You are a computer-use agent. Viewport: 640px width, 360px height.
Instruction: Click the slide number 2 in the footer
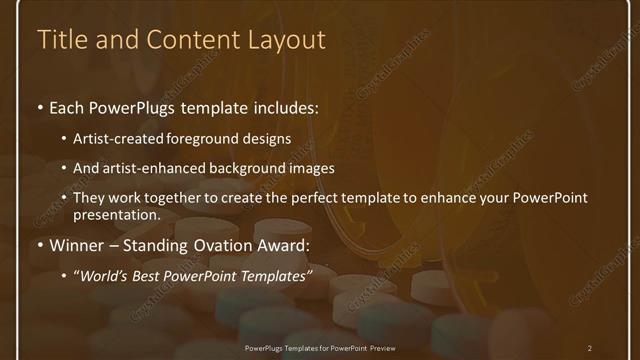(589, 347)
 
